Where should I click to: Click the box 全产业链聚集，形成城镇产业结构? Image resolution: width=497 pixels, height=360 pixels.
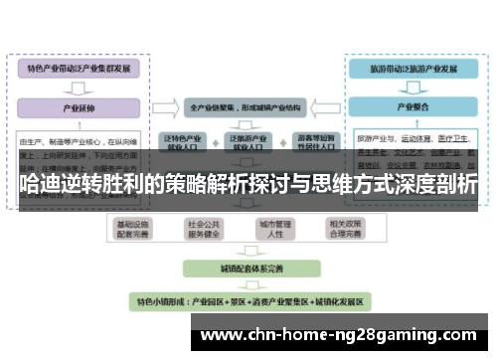(247, 104)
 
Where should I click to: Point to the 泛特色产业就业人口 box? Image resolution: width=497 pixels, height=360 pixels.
(182, 141)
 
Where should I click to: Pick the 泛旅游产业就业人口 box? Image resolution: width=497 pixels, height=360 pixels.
(247, 141)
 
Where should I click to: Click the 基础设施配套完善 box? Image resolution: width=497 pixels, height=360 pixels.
(132, 229)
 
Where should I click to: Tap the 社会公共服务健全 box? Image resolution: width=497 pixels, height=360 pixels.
(203, 229)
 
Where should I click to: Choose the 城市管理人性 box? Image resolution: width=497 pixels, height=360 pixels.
(277, 229)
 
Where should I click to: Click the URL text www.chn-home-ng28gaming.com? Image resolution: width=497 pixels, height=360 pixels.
(338, 333)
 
